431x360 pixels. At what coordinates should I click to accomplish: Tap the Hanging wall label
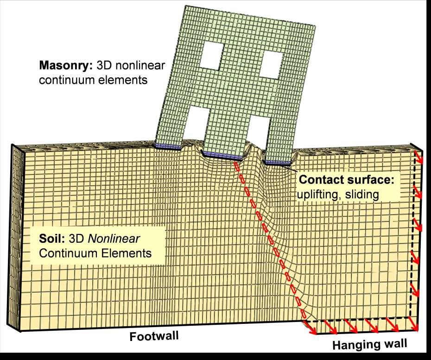point(370,344)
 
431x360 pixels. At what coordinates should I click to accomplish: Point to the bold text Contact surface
point(346,180)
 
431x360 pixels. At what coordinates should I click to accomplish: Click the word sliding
point(364,194)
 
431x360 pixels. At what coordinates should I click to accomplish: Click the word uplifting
point(320,194)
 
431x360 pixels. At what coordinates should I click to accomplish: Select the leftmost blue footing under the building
point(168,147)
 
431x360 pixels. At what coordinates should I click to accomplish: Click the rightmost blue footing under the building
point(278,162)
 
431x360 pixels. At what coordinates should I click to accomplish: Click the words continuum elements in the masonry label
point(93,80)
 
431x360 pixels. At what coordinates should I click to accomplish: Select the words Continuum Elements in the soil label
point(95,253)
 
